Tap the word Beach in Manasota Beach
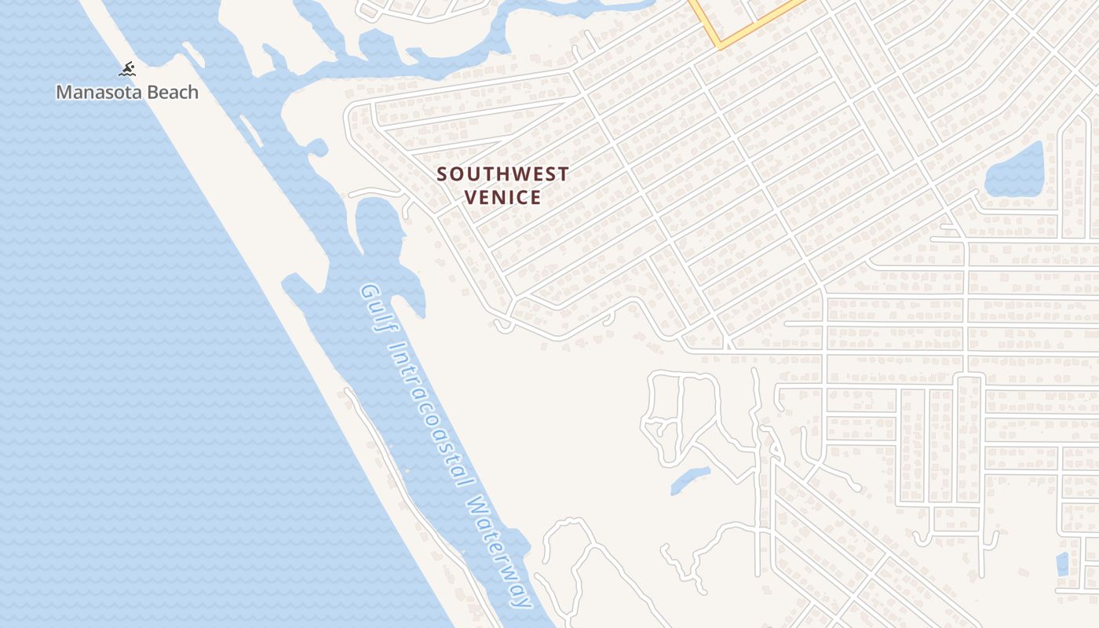pos(170,93)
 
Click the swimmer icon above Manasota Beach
pos(127,70)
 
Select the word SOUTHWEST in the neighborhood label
pos(502,174)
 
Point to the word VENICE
pos(502,197)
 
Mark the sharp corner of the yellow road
pos(718,46)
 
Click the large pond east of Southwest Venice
pos(1015,171)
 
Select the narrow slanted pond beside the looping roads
pos(690,480)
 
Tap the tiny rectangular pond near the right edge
pos(1063,564)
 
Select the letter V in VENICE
pos(471,197)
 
